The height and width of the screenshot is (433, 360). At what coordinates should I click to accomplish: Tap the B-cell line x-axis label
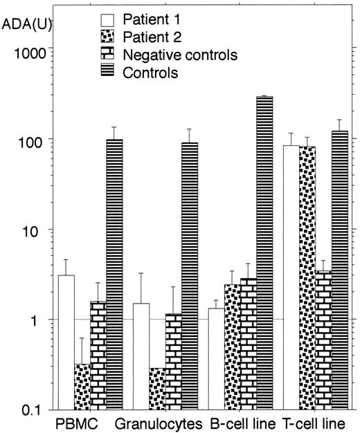click(242, 421)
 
